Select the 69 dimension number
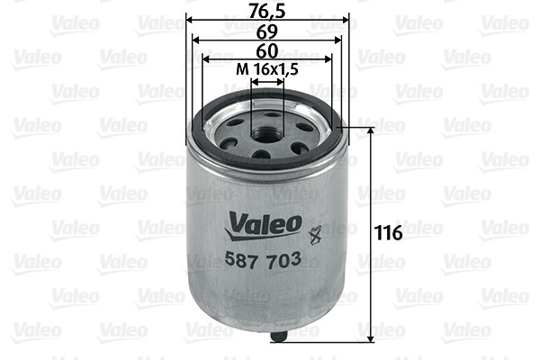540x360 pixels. click(267, 31)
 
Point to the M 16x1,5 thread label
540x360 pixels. click(266, 70)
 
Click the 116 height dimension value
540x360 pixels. click(388, 232)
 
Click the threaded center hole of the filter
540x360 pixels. click(267, 135)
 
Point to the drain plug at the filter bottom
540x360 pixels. click(278, 338)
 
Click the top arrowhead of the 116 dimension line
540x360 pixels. click(370, 131)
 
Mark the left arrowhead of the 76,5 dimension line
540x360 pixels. click(191, 19)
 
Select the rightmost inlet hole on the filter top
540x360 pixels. click(306, 127)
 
